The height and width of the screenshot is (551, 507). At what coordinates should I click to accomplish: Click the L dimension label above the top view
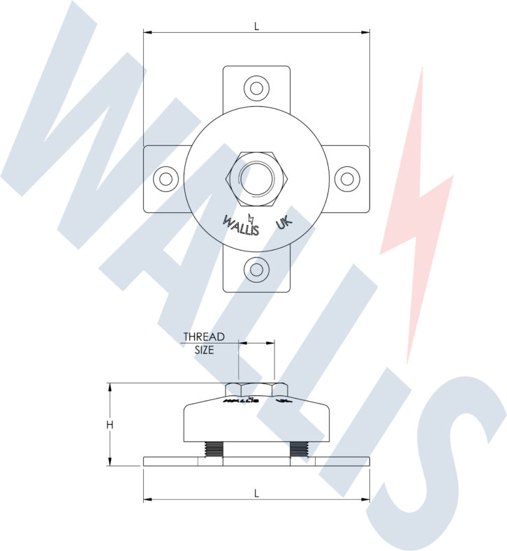click(256, 26)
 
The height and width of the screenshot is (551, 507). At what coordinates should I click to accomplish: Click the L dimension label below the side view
click(256, 493)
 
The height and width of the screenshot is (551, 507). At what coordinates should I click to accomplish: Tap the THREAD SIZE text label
click(204, 344)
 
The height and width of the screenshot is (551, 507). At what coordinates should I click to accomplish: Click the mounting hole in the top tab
click(256, 88)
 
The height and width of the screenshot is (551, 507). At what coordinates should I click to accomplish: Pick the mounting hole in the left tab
click(166, 179)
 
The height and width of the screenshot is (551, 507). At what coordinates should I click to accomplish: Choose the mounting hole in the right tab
click(346, 179)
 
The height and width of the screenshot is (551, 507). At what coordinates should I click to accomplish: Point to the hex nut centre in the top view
click(256, 179)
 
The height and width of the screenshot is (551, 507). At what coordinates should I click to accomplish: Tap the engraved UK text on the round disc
click(284, 223)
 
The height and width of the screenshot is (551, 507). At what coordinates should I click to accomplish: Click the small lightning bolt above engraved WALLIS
click(251, 210)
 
